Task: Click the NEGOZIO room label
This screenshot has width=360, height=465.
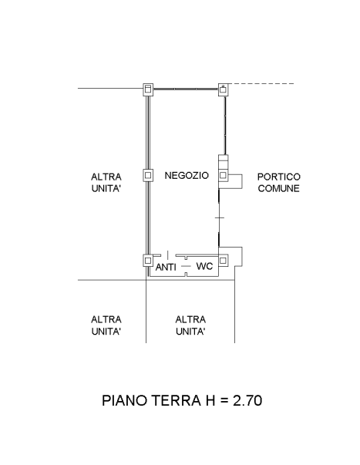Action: coord(187,175)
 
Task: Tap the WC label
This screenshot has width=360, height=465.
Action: coord(204,266)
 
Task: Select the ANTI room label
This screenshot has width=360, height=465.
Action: coord(166,267)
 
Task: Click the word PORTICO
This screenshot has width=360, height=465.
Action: coord(279,177)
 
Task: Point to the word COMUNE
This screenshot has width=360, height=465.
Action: coord(279,188)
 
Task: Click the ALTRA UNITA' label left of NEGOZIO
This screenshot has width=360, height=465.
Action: coord(106,183)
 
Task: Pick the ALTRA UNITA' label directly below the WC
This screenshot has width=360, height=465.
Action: coord(190,325)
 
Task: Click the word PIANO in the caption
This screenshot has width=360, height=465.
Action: coord(125,400)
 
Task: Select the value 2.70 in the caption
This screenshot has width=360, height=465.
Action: coord(247,400)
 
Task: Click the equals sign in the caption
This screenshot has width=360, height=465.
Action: coord(224,401)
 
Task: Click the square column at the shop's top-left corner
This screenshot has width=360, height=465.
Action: coord(148,89)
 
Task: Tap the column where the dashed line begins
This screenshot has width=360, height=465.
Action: coord(224,89)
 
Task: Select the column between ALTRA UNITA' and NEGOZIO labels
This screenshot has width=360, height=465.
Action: coord(148,175)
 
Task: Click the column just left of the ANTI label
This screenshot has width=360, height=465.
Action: coord(148,261)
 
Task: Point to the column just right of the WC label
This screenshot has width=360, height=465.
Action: coord(224,261)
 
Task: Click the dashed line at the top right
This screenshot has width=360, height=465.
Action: coord(261,84)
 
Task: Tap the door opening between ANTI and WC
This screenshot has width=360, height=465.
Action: coord(186,266)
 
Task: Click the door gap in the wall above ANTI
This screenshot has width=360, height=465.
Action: coord(168,255)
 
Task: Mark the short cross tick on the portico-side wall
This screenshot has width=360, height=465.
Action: coord(220,217)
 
